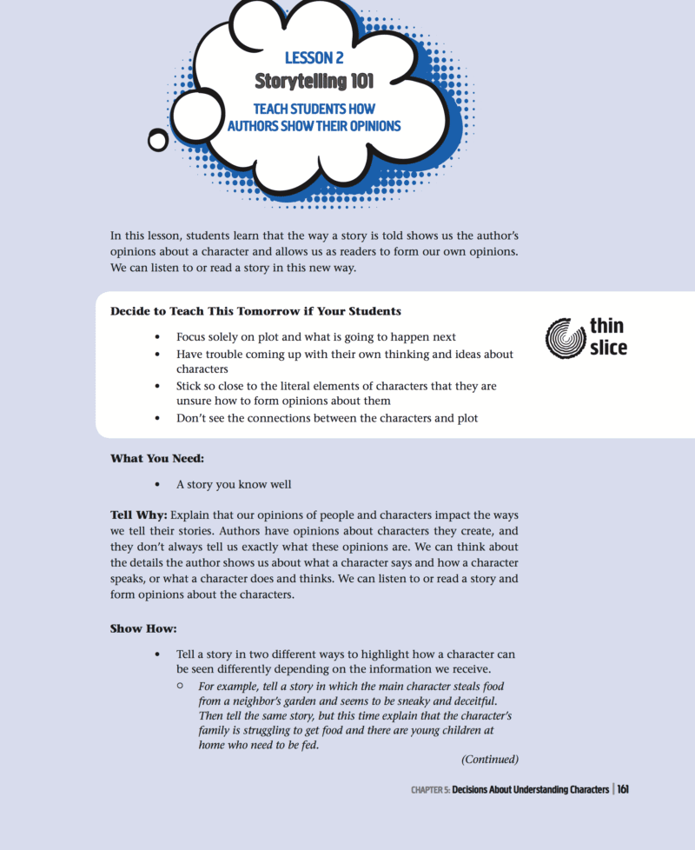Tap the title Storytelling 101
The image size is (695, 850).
314,81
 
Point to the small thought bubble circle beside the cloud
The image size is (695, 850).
158,139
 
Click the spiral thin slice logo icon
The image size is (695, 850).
565,338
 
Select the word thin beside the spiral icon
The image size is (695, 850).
606,327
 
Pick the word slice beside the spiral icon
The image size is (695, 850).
608,348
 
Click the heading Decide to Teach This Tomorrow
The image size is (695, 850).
255,310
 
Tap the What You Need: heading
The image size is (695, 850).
157,458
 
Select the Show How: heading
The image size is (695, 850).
143,628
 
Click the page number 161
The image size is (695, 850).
623,790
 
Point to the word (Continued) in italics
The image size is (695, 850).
490,759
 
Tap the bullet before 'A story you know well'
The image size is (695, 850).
156,484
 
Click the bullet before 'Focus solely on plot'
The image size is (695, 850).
156,336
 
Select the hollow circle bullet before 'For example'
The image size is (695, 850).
180,686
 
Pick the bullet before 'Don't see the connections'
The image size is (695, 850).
156,418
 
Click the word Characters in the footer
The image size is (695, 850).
581,790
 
